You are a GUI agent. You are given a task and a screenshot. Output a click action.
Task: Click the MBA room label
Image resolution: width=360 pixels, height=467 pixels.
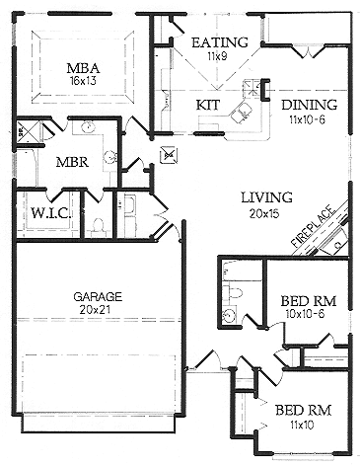(82, 67)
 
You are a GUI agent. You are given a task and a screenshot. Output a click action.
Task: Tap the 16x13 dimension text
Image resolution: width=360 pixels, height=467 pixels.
(82, 80)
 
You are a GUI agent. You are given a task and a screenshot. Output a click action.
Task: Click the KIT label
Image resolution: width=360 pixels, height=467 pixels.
(207, 103)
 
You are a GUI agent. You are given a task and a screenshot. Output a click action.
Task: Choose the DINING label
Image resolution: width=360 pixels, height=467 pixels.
(309, 105)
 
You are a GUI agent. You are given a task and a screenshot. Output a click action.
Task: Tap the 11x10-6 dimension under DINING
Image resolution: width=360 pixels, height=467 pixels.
(309, 118)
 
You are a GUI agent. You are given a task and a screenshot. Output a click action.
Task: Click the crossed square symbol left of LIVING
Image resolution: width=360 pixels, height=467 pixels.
(168, 154)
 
